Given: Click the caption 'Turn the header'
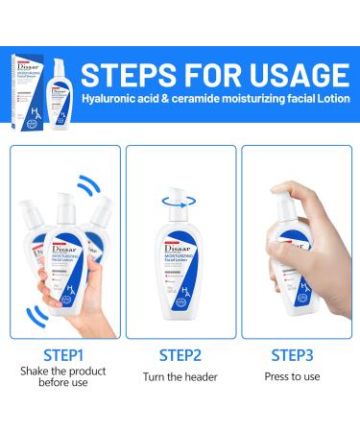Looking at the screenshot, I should [179, 377].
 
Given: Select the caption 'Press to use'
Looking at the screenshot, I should [297, 377].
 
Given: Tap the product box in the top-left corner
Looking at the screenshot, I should [20, 62].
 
